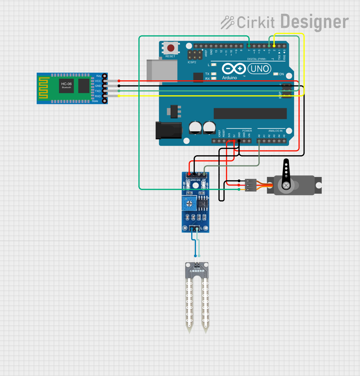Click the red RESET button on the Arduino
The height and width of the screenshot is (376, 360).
click(x=171, y=48)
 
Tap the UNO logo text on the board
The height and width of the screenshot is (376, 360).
click(x=259, y=68)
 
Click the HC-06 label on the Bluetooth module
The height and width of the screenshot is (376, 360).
click(x=67, y=84)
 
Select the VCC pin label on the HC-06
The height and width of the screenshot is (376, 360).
click(x=98, y=81)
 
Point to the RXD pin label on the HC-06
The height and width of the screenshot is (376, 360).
click(x=98, y=96)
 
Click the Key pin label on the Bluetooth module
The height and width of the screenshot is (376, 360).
click(x=99, y=76)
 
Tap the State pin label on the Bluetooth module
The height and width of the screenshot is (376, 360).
click(x=95, y=101)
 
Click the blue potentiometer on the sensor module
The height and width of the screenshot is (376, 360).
click(x=189, y=203)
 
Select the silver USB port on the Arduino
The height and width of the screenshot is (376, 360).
click(x=162, y=70)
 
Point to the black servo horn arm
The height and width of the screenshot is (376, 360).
click(x=286, y=173)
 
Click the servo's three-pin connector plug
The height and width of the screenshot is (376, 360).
click(x=251, y=185)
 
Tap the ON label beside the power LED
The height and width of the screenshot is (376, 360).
click(x=282, y=74)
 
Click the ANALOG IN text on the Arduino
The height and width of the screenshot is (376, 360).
click(x=275, y=131)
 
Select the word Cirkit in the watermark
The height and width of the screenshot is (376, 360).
click(x=256, y=22)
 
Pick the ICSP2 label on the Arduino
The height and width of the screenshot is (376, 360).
click(x=192, y=62)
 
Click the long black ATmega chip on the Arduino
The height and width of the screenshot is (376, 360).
click(x=250, y=113)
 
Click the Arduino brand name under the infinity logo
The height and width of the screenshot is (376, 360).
click(x=230, y=78)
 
